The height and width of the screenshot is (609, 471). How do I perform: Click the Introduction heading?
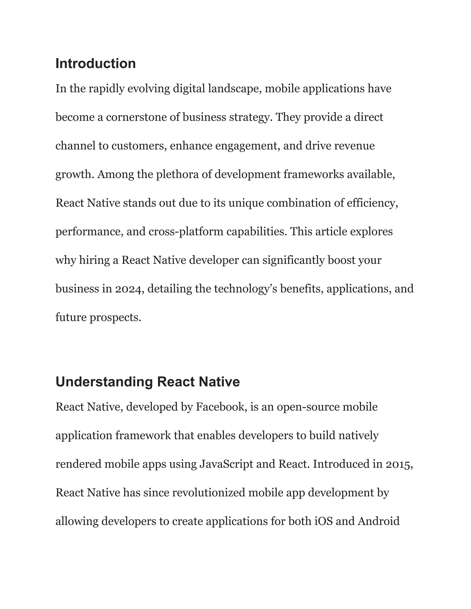click(95, 64)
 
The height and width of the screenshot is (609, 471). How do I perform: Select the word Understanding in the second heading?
click(104, 382)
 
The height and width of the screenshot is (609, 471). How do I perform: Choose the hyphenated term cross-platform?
click(186, 232)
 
